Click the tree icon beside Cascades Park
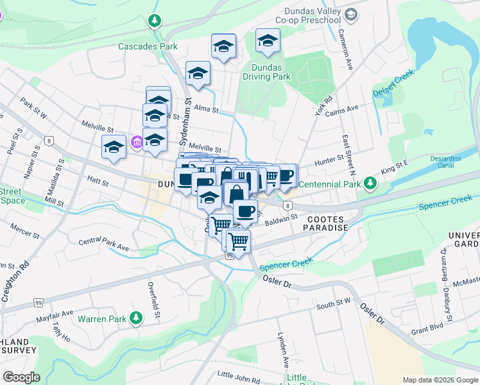click(x=154, y=21)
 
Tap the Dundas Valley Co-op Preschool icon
click(x=351, y=14)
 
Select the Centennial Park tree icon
click(x=370, y=184)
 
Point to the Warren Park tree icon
click(x=135, y=318)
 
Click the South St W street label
click(x=334, y=303)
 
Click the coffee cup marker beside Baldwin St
click(x=244, y=210)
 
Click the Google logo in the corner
click(x=22, y=377)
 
